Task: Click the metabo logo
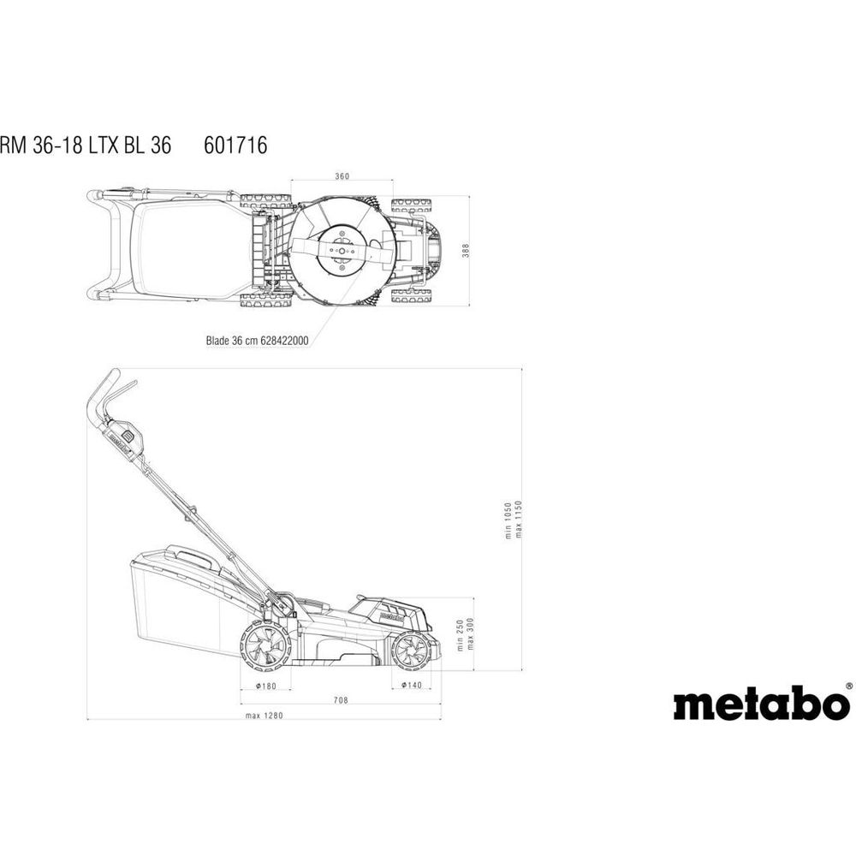pos(762,702)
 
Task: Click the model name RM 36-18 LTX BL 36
pos(86,146)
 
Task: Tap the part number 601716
pos(235,146)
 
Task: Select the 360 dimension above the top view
pos(342,176)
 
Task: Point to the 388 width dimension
pos(466,251)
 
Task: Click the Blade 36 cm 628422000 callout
pos(257,340)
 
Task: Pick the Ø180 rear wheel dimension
pos(266,686)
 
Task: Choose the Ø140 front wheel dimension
pos(412,685)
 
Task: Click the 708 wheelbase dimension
pos(341,700)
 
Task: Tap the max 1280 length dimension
pos(265,715)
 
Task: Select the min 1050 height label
pos(508,520)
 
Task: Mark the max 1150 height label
pos(519,520)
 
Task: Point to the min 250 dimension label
pos(461,635)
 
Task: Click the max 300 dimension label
pos(471,633)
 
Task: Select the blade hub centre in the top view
pos(342,251)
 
